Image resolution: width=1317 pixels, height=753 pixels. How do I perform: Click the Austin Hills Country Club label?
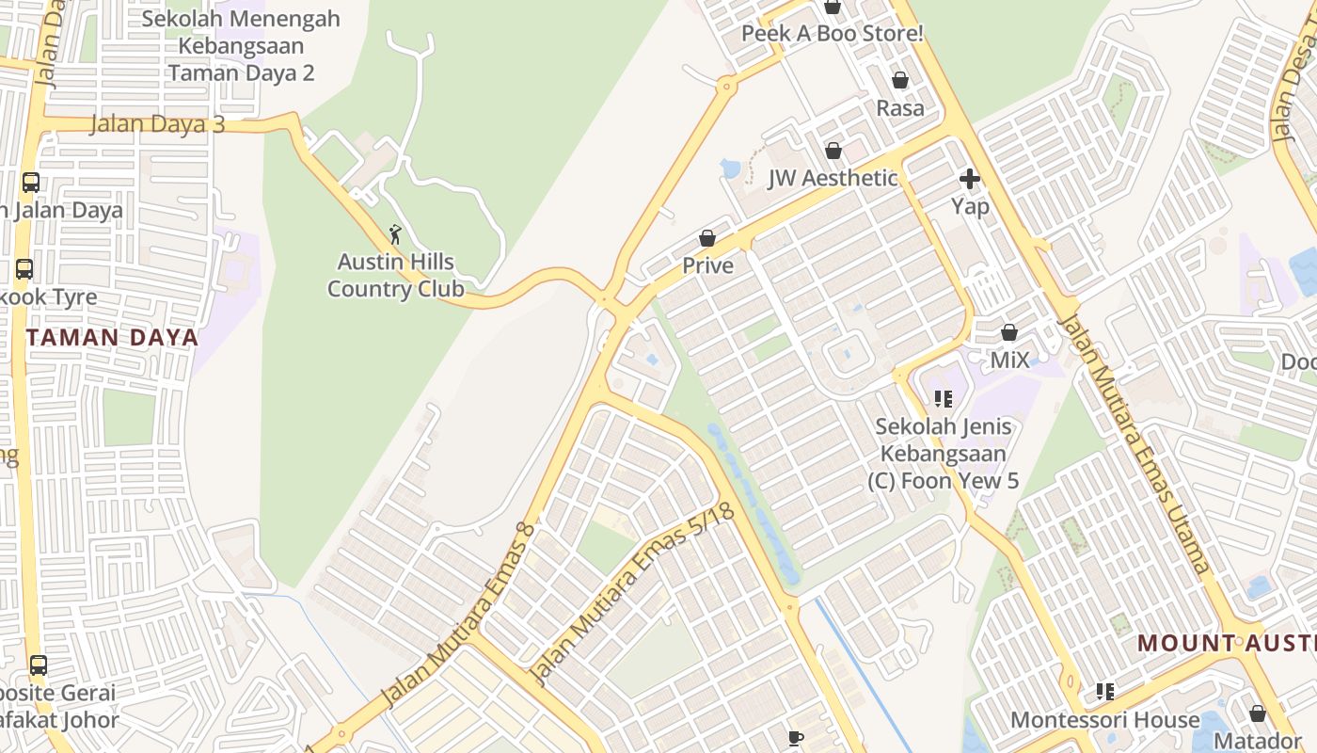coord(395,276)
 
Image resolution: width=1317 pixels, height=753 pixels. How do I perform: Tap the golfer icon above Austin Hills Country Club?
coord(395,234)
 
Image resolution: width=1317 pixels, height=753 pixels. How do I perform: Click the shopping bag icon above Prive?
coord(707,239)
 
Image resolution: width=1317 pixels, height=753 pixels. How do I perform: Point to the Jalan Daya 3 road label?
coord(157,124)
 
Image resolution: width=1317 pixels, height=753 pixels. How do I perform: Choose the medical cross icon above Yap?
coord(970,179)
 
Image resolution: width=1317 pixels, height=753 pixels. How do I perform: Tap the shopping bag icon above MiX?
coord(1009,332)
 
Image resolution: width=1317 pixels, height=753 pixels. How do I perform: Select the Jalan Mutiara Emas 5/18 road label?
coord(632,594)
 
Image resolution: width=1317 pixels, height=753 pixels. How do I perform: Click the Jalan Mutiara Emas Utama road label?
coord(1133,442)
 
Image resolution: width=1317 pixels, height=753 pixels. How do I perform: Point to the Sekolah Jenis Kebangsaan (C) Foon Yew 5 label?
coord(944,454)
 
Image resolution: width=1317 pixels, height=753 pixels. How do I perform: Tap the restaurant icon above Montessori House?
coord(1105,693)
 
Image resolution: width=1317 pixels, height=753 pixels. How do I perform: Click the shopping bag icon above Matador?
coord(1258,713)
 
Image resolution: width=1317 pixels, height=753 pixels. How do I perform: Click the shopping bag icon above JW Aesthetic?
coord(833,151)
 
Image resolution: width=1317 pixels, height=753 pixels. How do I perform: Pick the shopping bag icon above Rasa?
coord(900,81)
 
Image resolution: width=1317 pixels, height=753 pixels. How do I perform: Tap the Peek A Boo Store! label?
coord(833,34)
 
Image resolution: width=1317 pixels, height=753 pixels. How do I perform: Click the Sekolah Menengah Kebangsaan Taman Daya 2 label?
coord(241,46)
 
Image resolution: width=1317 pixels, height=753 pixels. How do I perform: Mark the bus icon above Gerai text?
coord(39,665)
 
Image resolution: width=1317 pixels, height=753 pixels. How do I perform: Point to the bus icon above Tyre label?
coord(24,270)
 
